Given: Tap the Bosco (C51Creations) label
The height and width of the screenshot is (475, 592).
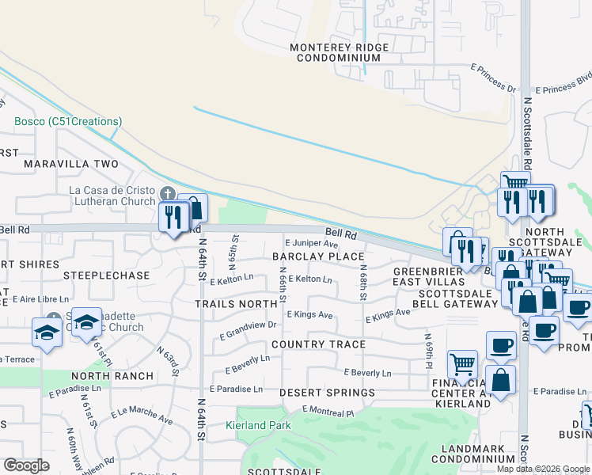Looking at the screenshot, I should pos(68,121).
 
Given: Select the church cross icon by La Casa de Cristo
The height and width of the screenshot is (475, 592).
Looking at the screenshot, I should pos(167,194).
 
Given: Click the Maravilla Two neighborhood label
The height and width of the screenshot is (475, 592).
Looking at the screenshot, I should pos(70,164).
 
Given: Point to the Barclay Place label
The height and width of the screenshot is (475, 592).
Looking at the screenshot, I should pos(318,256).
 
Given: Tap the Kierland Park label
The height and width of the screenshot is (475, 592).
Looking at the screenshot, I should pos(258,425).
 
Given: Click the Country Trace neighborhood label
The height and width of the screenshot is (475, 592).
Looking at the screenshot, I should pos(318,344).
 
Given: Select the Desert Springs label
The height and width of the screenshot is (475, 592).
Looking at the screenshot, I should pos(327,393).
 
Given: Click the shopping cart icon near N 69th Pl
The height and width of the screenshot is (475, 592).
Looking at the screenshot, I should pos(462,364).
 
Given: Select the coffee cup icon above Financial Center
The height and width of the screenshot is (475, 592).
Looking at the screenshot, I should pos(500,344).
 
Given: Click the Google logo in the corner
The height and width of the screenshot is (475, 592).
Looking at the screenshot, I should pos(26,465).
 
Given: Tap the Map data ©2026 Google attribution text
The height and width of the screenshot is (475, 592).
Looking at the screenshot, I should pos(543,469).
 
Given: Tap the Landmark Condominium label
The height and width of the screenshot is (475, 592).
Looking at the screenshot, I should pos(472,454).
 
